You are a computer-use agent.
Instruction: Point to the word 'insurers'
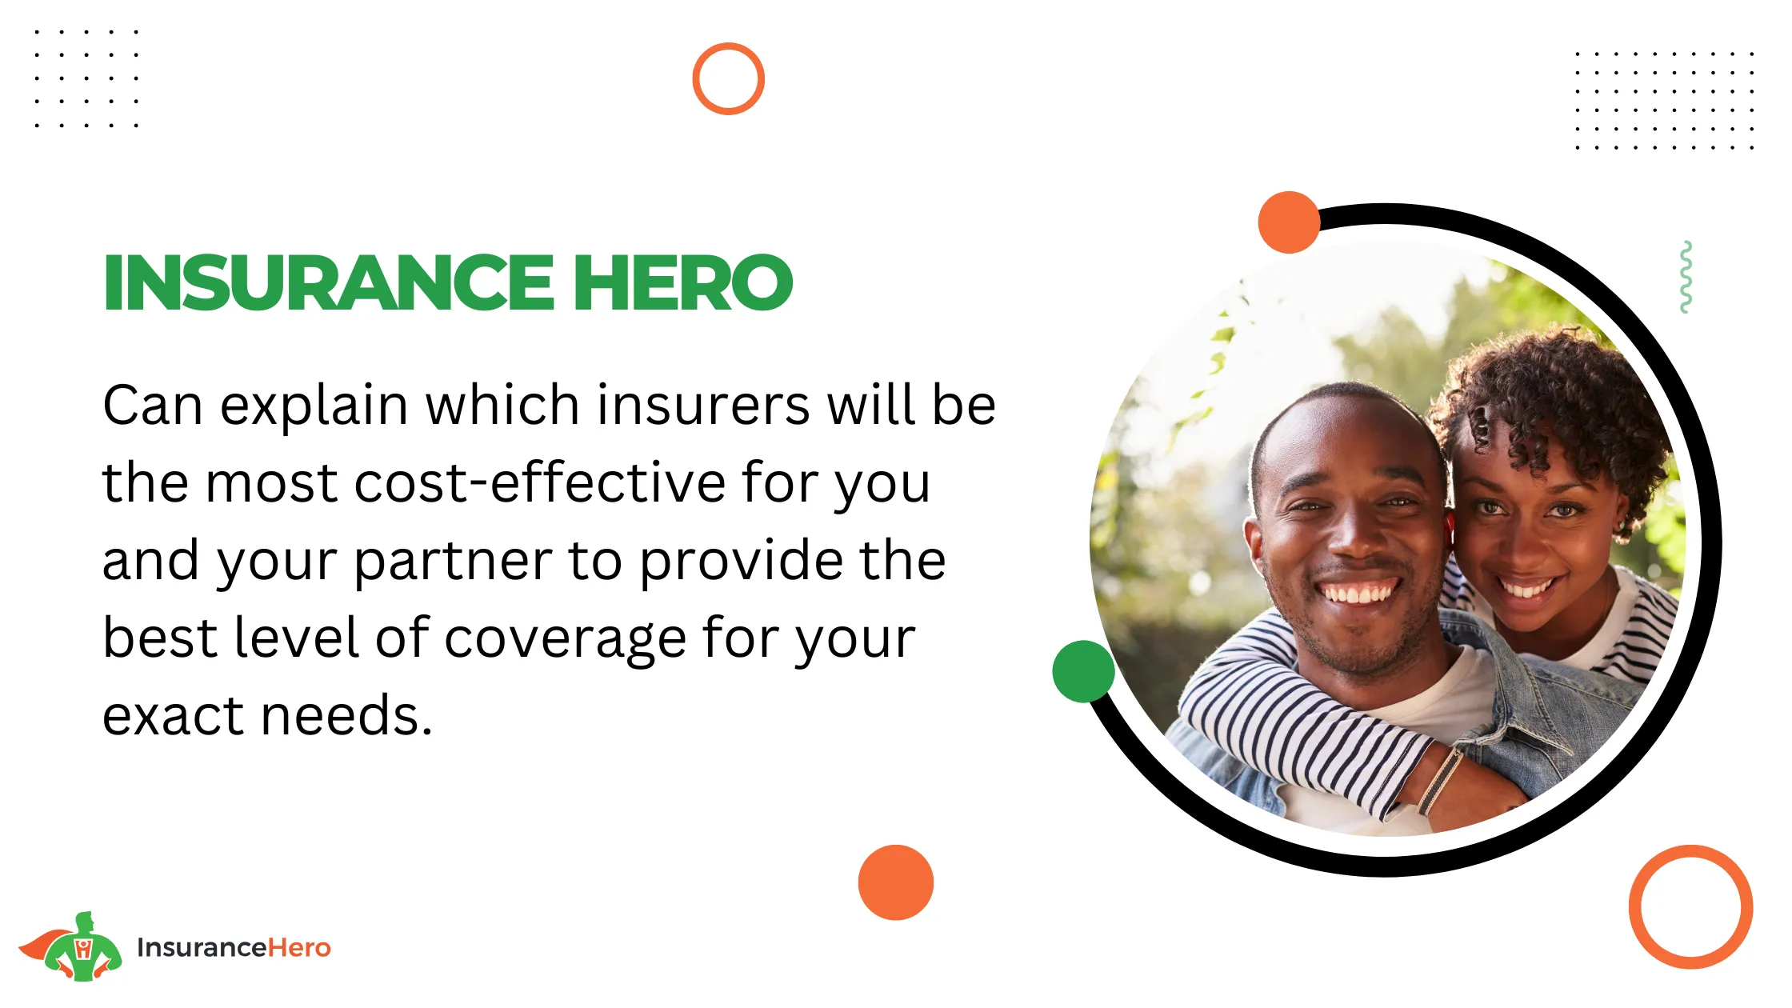[703, 405]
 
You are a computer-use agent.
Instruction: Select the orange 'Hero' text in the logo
[298, 947]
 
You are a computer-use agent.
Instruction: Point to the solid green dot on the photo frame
[1083, 672]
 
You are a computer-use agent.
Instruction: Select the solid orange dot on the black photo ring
[1289, 222]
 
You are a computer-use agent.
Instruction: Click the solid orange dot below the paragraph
[896, 882]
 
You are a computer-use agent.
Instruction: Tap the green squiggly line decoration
[1686, 277]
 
